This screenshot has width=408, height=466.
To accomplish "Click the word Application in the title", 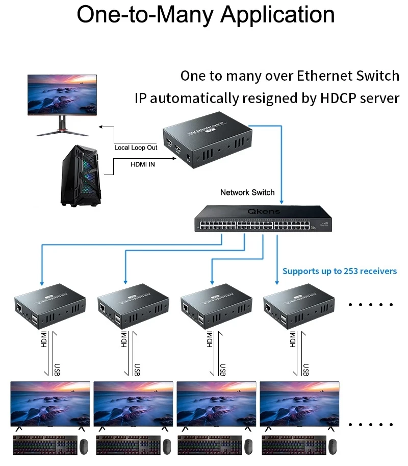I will (x=277, y=15).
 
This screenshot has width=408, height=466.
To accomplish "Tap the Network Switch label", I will (x=247, y=192).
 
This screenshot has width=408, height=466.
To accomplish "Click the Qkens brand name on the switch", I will (x=264, y=211).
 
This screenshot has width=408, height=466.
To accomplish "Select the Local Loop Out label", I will (x=136, y=148).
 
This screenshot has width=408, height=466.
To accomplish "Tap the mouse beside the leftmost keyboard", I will (x=85, y=447).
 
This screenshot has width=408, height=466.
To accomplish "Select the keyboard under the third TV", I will (x=209, y=446).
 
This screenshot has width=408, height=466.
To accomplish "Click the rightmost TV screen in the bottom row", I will (x=299, y=403).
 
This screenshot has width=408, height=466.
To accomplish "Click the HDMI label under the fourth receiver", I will (x=293, y=339).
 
